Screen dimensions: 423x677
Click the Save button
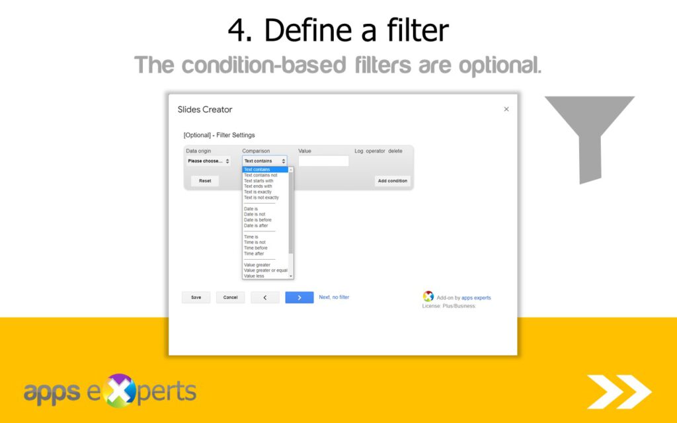[x=196, y=297]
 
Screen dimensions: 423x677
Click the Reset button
[x=205, y=180]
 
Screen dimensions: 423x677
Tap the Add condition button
[x=393, y=180]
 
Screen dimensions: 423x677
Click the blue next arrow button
[x=299, y=297]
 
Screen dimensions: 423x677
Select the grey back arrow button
[x=265, y=297]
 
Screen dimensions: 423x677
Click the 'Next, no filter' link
[x=334, y=297]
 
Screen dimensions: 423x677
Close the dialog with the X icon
[x=506, y=109]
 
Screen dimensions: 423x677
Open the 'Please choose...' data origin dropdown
[x=208, y=161]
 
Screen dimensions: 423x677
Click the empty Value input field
[x=323, y=161]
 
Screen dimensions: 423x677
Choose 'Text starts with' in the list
[x=259, y=180]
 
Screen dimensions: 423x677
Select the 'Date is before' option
[x=258, y=220]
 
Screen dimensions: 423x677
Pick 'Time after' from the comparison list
[x=254, y=254]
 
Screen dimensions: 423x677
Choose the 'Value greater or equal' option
[x=266, y=270]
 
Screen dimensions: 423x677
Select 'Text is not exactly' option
[x=261, y=198]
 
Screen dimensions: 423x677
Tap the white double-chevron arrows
[x=619, y=391]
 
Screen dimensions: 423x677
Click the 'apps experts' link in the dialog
[x=476, y=298]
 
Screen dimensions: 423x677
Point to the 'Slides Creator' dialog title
[x=205, y=110]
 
